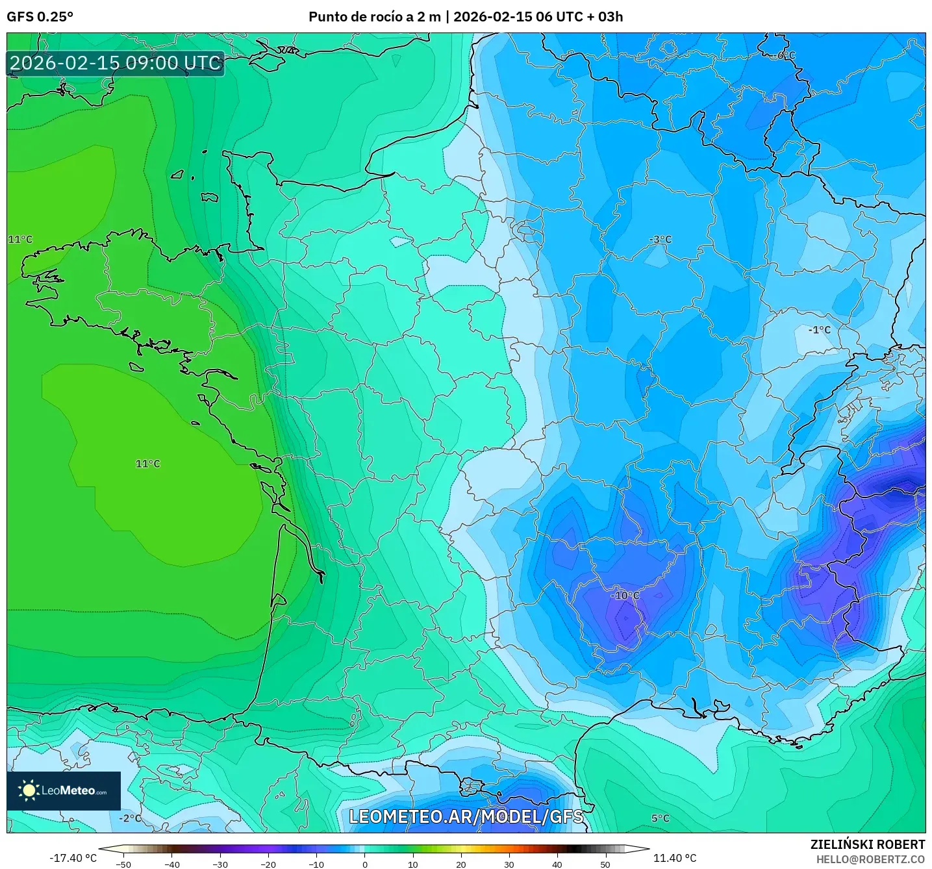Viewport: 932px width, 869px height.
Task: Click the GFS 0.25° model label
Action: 40,17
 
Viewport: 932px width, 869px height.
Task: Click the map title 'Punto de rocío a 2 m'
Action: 374,17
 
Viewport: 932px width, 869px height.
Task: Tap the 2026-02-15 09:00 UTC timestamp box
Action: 116,64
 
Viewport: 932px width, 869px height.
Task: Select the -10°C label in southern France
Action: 625,596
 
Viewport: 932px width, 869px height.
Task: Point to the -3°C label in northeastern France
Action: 661,240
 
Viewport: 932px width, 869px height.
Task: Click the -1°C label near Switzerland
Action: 819,330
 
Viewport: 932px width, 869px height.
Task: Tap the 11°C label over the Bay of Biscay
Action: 147,464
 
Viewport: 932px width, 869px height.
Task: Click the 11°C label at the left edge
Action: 20,240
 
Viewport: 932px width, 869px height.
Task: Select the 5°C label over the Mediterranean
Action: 660,818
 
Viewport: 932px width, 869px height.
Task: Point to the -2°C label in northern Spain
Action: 130,818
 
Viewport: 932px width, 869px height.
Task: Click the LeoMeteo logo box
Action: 64,790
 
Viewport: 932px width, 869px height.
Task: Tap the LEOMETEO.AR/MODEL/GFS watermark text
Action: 466,816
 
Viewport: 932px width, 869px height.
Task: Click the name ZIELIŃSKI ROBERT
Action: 867,844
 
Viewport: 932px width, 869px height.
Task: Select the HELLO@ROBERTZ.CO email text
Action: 870,859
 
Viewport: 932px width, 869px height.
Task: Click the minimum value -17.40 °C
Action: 73,858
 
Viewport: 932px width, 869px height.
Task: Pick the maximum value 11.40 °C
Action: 675,858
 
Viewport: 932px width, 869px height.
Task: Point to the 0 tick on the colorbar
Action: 365,864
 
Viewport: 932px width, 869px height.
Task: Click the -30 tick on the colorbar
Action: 220,864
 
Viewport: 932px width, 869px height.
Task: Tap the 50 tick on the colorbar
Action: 605,864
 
